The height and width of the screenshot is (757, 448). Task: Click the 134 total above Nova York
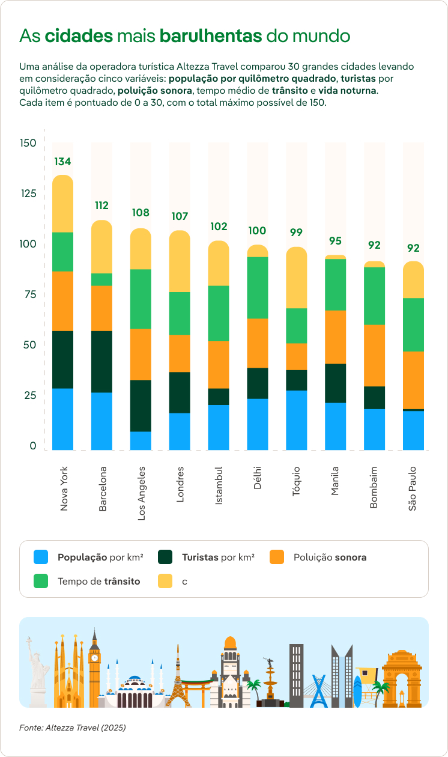pyautogui.click(x=63, y=162)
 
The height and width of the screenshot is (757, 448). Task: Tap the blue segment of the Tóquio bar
pyautogui.click(x=297, y=420)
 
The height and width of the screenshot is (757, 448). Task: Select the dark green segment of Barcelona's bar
pyautogui.click(x=101, y=362)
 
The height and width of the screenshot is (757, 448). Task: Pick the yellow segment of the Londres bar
pyautogui.click(x=180, y=261)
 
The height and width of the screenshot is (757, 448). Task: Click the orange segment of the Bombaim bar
pyautogui.click(x=375, y=355)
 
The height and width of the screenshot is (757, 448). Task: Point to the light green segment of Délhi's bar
pyautogui.click(x=258, y=288)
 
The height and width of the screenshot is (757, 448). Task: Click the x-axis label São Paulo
pyautogui.click(x=413, y=488)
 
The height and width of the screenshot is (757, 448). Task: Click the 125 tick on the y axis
pyautogui.click(x=28, y=193)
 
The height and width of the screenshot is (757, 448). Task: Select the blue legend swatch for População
pyautogui.click(x=41, y=557)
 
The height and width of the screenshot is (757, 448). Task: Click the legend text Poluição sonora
pyautogui.click(x=330, y=557)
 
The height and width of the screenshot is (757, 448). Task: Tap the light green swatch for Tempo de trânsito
pyautogui.click(x=41, y=581)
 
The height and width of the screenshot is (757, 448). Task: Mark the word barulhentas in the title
pyautogui.click(x=211, y=36)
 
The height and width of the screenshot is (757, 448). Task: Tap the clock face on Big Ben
pyautogui.click(x=94, y=658)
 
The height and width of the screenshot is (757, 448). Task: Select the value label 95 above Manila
pyautogui.click(x=335, y=241)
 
